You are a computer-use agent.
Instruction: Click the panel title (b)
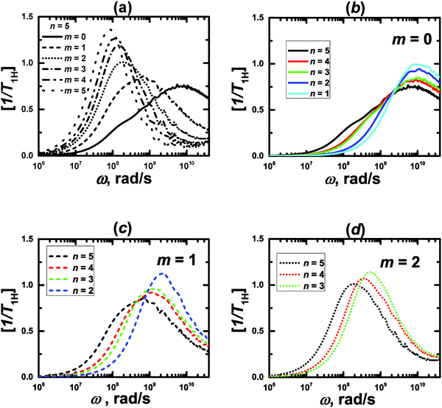click(346, 7)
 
